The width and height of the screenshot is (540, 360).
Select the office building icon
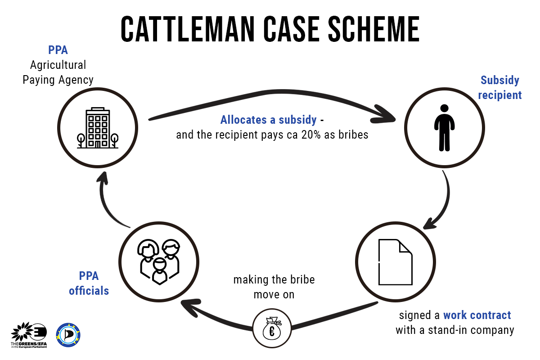coord(97,128)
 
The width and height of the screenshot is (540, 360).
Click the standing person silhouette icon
coord(444,128)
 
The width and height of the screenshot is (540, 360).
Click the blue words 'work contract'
coord(477,315)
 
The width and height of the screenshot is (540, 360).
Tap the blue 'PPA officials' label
coord(89,283)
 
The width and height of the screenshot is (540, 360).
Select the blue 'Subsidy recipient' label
coord(499,88)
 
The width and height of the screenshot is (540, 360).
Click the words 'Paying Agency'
coord(58,80)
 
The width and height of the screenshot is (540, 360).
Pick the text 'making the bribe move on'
coord(274,287)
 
